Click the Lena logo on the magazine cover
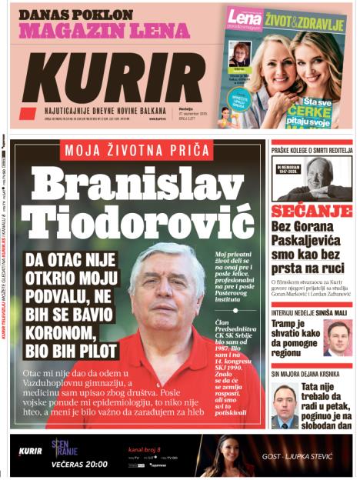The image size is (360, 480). (x=245, y=18)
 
